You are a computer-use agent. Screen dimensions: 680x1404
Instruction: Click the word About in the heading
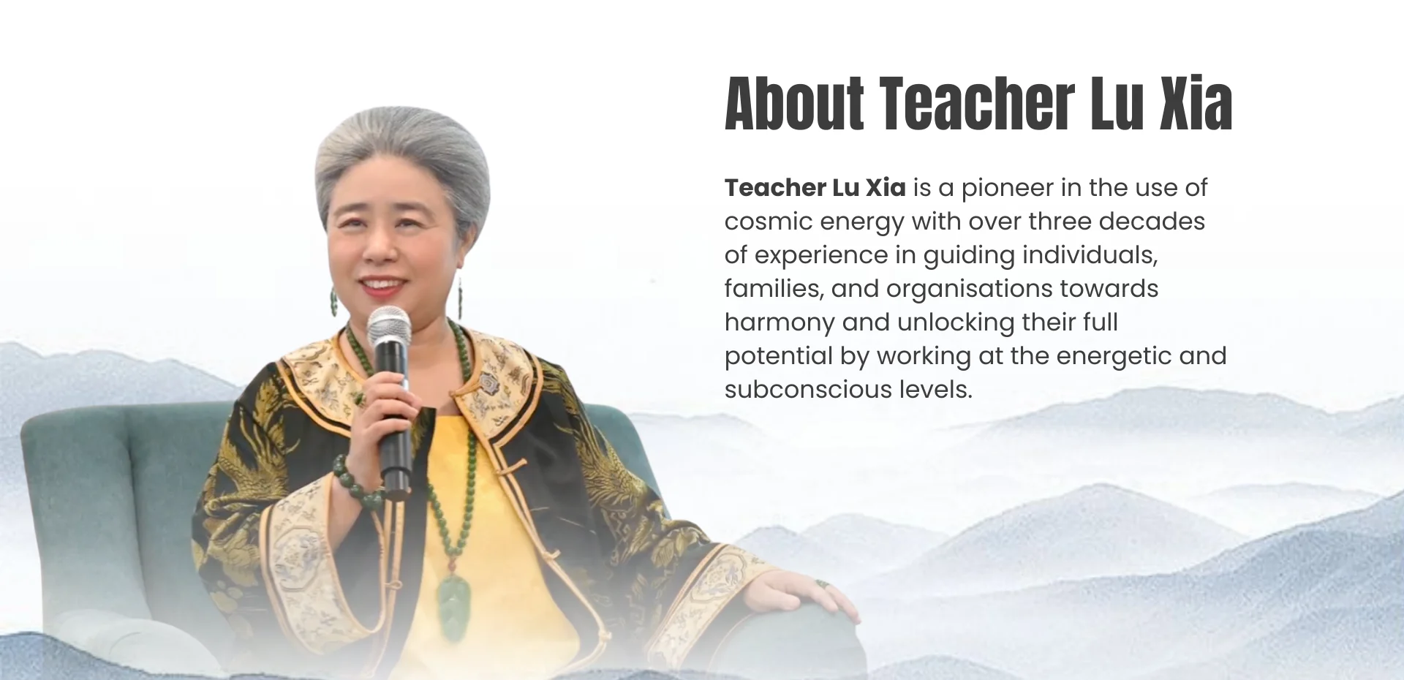[x=794, y=104]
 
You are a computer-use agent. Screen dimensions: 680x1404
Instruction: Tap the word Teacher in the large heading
[x=977, y=104]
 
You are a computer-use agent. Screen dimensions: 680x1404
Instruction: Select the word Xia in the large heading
[x=1196, y=104]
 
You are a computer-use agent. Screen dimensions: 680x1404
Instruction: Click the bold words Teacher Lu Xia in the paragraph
[x=815, y=188]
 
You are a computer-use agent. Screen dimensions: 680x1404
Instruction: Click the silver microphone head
[x=389, y=325]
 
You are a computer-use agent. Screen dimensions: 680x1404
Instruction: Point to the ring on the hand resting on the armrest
[x=822, y=584]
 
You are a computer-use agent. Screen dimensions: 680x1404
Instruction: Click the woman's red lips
[x=382, y=285]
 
